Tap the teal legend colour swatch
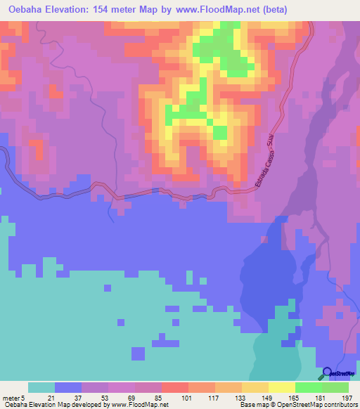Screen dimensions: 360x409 pos(41,387)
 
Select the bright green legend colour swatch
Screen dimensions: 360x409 pos(309,387)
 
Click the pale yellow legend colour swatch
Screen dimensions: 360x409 pos(282,387)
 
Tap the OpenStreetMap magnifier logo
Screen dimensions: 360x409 pos(327,374)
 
